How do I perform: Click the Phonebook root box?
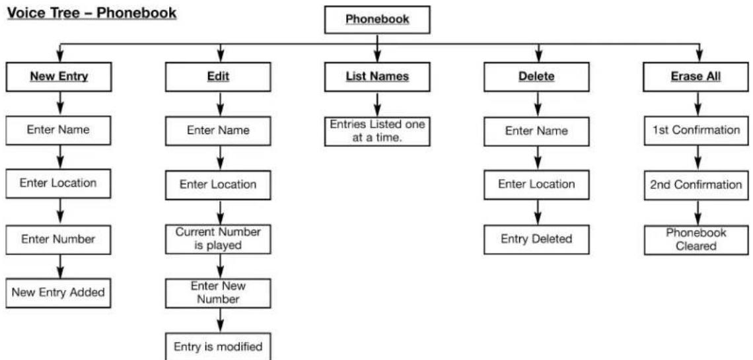(377, 20)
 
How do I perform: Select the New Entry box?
(59, 77)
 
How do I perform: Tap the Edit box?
(218, 77)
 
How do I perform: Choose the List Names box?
(377, 77)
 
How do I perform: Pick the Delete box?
(536, 77)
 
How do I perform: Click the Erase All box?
(696, 77)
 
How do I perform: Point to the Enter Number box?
(59, 239)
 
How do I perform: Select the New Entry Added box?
(59, 293)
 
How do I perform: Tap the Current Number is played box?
(218, 239)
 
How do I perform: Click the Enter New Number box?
(218, 293)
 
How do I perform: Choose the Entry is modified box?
(218, 346)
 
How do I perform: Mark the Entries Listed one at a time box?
(377, 131)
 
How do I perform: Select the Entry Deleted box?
(536, 239)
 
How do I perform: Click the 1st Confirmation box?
(696, 131)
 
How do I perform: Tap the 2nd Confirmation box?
(696, 185)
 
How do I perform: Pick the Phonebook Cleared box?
(696, 240)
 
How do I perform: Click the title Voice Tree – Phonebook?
(91, 13)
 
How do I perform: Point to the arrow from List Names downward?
(377, 104)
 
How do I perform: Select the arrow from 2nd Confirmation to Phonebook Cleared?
(698, 212)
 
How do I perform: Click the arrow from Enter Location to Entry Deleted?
(538, 212)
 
